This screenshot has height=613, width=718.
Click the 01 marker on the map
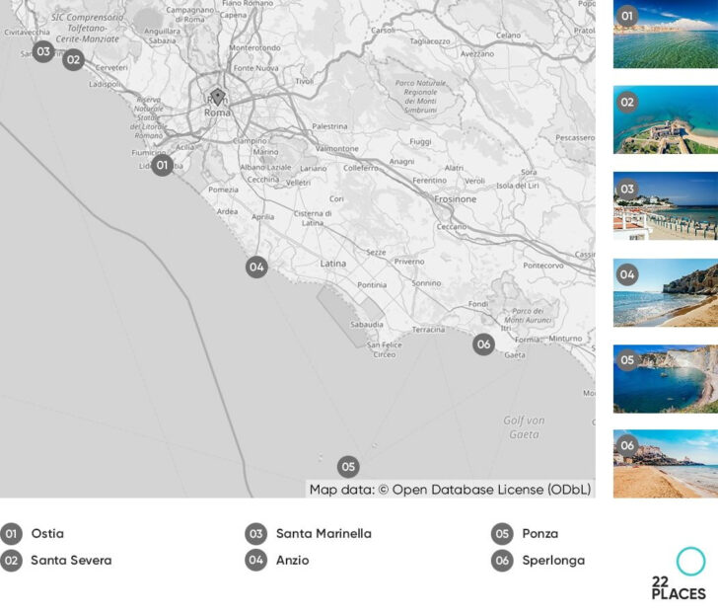pos(163,165)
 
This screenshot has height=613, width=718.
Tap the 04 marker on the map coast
pos(256,267)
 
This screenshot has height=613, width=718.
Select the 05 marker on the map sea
pos(347,467)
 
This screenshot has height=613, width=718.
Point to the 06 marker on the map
pos(483,344)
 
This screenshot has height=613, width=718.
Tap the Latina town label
pos(333,264)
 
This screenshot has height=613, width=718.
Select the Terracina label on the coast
pos(428,329)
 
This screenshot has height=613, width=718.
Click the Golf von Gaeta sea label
pos(523,427)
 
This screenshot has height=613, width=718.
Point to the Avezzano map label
pos(477,53)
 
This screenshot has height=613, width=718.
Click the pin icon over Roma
pos(218,97)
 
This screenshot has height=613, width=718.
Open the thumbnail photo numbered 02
pos(665,118)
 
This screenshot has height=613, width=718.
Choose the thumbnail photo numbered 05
pos(665,378)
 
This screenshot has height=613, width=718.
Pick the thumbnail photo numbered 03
pos(665,205)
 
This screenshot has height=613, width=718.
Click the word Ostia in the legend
pos(47,534)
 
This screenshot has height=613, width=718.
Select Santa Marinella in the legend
pos(323,534)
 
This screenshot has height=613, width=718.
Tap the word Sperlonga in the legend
pos(553,561)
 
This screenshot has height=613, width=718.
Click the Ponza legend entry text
pos(539,534)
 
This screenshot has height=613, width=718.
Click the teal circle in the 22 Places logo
pos(690,562)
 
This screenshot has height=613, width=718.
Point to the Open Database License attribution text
pos(450,489)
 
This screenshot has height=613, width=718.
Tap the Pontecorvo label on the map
pos(542,266)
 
